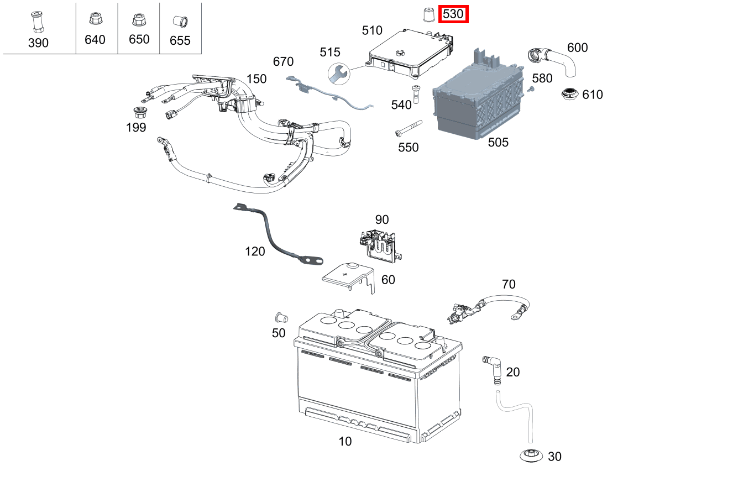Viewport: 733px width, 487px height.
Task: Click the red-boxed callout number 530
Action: (453, 14)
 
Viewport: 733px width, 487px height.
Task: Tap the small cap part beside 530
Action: (428, 14)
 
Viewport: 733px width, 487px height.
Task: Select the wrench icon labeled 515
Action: (338, 72)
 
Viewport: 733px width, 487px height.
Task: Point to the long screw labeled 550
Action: (407, 128)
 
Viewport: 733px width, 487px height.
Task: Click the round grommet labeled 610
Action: (569, 95)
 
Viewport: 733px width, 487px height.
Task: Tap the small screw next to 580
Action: (530, 89)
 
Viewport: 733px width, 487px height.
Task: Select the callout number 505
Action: (498, 143)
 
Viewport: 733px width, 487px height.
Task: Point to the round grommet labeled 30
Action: (531, 456)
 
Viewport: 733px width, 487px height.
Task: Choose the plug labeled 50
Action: (280, 317)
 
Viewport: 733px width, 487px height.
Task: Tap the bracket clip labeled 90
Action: (380, 243)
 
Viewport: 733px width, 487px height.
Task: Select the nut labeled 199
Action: (140, 113)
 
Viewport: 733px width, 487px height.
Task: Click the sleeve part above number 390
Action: (38, 22)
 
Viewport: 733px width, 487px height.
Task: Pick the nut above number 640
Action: (95, 20)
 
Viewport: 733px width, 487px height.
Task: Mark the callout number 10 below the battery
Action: (345, 441)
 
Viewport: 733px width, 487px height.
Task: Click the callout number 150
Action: (256, 79)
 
